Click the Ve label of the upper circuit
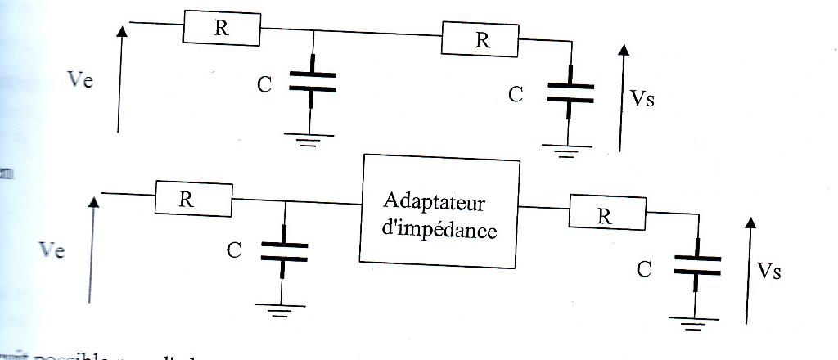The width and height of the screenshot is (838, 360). point(81,80)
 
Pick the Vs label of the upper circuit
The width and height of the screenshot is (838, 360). point(642,100)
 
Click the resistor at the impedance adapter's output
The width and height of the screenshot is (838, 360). point(605,217)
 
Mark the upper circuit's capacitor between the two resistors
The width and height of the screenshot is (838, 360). point(311,82)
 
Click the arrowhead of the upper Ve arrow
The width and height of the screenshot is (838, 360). point(122,32)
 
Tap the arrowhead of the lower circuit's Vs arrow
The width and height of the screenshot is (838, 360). point(750,223)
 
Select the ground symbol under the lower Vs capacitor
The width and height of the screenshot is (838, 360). point(696,323)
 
